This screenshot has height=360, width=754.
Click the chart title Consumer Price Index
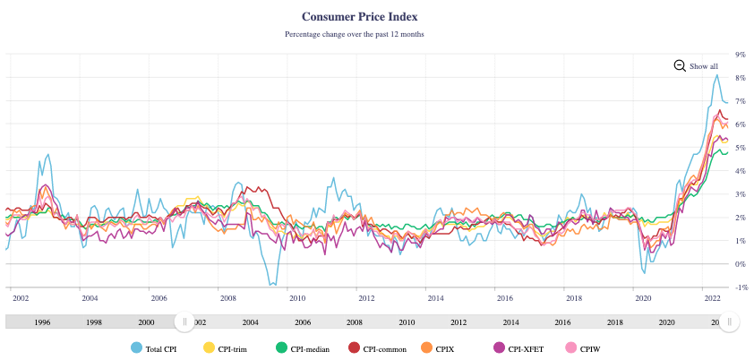[359, 16]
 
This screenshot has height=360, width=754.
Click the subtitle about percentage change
[354, 34]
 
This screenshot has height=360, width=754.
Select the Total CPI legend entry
[154, 347]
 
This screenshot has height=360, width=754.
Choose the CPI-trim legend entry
[225, 347]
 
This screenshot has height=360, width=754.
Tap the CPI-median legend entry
[304, 347]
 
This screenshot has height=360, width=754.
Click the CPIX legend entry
[446, 347]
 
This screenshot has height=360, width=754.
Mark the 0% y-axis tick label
[740, 264]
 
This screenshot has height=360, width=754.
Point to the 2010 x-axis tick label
[297, 297]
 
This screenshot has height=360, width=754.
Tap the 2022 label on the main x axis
[712, 297]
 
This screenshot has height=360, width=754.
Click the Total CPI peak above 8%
[716, 75]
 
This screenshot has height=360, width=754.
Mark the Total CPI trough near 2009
[274, 285]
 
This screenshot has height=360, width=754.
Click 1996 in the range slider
[42, 321]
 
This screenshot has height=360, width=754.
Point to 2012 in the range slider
[458, 321]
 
